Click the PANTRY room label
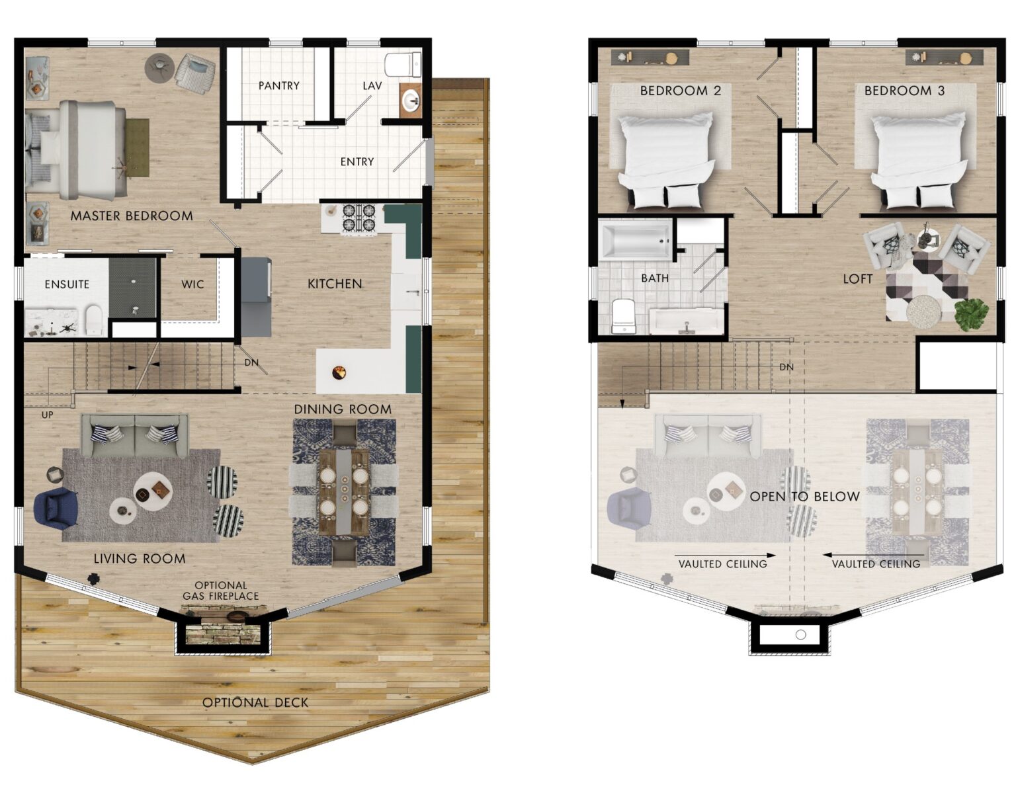pyautogui.click(x=278, y=85)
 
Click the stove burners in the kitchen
pyautogui.click(x=358, y=218)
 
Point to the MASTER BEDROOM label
pyautogui.click(x=132, y=216)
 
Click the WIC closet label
pyautogui.click(x=192, y=284)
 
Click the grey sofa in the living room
pyautogui.click(x=134, y=436)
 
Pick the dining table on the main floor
pyautogui.click(x=343, y=491)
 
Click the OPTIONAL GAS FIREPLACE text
pyautogui.click(x=220, y=591)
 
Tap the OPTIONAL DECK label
pyautogui.click(x=255, y=702)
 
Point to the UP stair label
pyautogui.click(x=47, y=415)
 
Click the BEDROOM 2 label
pyautogui.click(x=680, y=91)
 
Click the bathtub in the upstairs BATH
pyautogui.click(x=635, y=240)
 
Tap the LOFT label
pyautogui.click(x=857, y=279)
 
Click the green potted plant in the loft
pyautogui.click(x=971, y=313)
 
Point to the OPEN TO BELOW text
pyautogui.click(x=804, y=496)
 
